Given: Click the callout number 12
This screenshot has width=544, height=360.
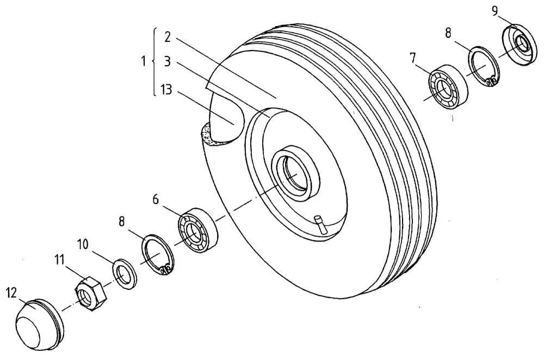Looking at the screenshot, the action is (x=11, y=294).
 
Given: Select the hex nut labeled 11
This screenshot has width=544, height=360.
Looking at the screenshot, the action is (x=91, y=293).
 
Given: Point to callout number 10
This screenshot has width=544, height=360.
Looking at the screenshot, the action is (x=83, y=245).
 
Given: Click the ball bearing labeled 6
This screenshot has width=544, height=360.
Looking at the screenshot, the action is (x=198, y=230).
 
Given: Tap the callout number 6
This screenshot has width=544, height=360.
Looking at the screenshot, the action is (x=156, y=199).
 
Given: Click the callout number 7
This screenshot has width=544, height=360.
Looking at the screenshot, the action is (x=412, y=58).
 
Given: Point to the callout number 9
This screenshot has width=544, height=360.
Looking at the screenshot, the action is (x=496, y=11).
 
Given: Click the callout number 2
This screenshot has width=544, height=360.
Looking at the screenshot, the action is (x=167, y=37).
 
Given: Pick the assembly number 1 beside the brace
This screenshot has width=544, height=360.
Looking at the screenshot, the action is (x=144, y=61).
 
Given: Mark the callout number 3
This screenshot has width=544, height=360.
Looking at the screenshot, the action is (x=167, y=62).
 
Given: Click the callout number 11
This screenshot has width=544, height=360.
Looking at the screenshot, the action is (x=59, y=259).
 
